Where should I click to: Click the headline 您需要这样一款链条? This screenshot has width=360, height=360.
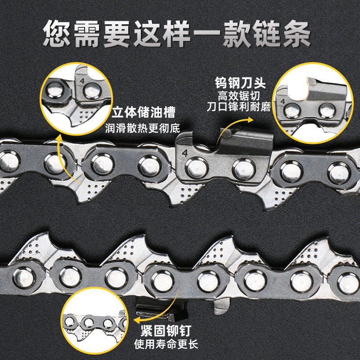180,32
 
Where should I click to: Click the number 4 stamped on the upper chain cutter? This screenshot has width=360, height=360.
184,152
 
